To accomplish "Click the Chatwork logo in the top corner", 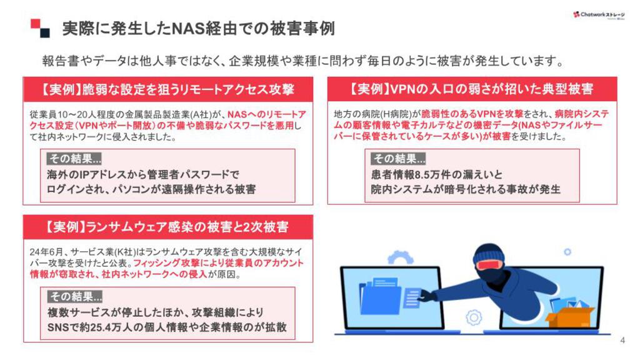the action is point(599,15).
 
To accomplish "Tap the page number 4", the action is point(622,340).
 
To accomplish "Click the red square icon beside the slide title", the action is point(36,24).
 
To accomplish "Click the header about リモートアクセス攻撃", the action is point(167,89).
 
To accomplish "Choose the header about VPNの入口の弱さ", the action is point(472,89).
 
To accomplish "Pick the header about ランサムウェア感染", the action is point(167,227).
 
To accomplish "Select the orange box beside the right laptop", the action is point(569,316).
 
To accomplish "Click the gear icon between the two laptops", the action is point(474,317).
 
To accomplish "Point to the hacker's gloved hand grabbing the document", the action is point(426,296).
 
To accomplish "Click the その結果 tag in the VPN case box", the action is point(398,159).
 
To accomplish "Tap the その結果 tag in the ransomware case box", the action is point(75,297).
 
